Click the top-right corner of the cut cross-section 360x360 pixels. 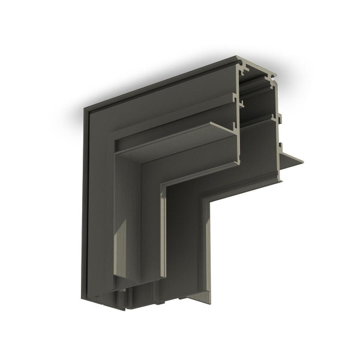(x=274, y=76)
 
